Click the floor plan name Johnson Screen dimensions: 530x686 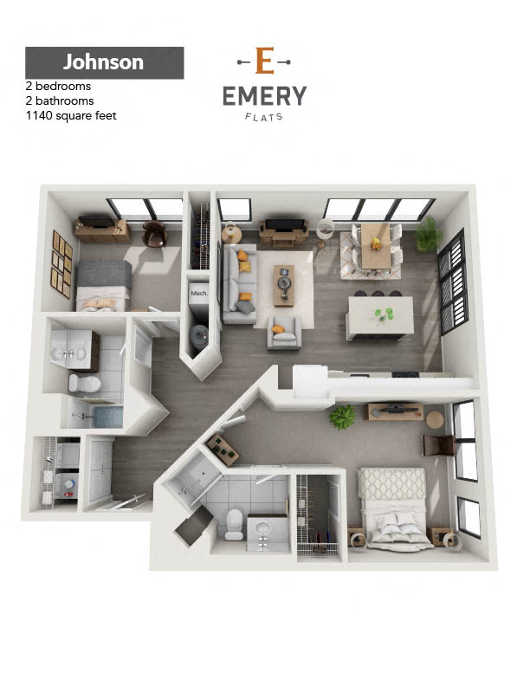click(103, 62)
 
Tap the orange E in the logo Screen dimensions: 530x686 click(264, 61)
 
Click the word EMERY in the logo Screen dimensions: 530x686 click(264, 96)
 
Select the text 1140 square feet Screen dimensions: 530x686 click(71, 116)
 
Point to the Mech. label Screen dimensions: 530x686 click(199, 293)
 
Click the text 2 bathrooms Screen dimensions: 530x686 click(60, 101)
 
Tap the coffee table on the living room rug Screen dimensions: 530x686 click(284, 285)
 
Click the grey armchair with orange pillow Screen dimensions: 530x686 click(284, 333)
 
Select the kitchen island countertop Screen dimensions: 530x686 click(380, 315)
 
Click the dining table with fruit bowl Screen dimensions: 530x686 click(376, 246)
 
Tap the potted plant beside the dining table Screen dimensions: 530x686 click(425, 235)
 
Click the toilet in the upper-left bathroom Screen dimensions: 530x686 click(84, 383)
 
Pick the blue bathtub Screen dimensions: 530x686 click(108, 417)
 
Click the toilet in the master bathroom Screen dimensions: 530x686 click(235, 524)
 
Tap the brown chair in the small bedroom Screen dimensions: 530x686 click(154, 233)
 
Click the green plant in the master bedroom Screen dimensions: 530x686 click(342, 417)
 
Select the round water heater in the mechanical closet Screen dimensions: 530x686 click(199, 336)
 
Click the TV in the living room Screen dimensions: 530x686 click(284, 224)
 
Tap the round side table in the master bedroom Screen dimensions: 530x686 click(435, 420)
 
